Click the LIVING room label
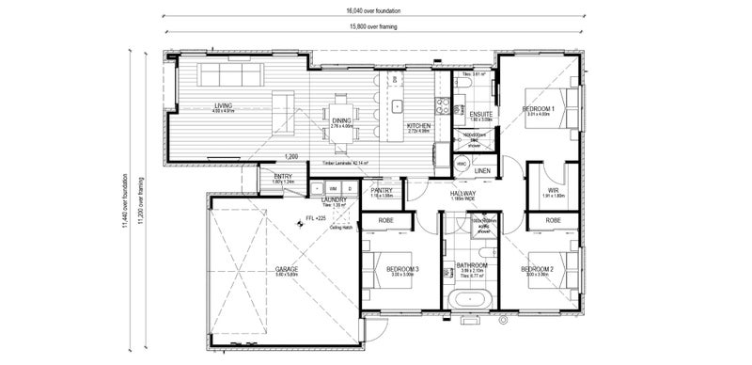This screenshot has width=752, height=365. click(223, 105)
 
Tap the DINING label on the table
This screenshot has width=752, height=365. click(341, 119)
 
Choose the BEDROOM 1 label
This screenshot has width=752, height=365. click(539, 109)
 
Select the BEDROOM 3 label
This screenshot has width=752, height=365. click(402, 270)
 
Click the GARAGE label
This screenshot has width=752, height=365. click(287, 270)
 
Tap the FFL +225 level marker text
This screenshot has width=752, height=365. click(315, 218)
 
